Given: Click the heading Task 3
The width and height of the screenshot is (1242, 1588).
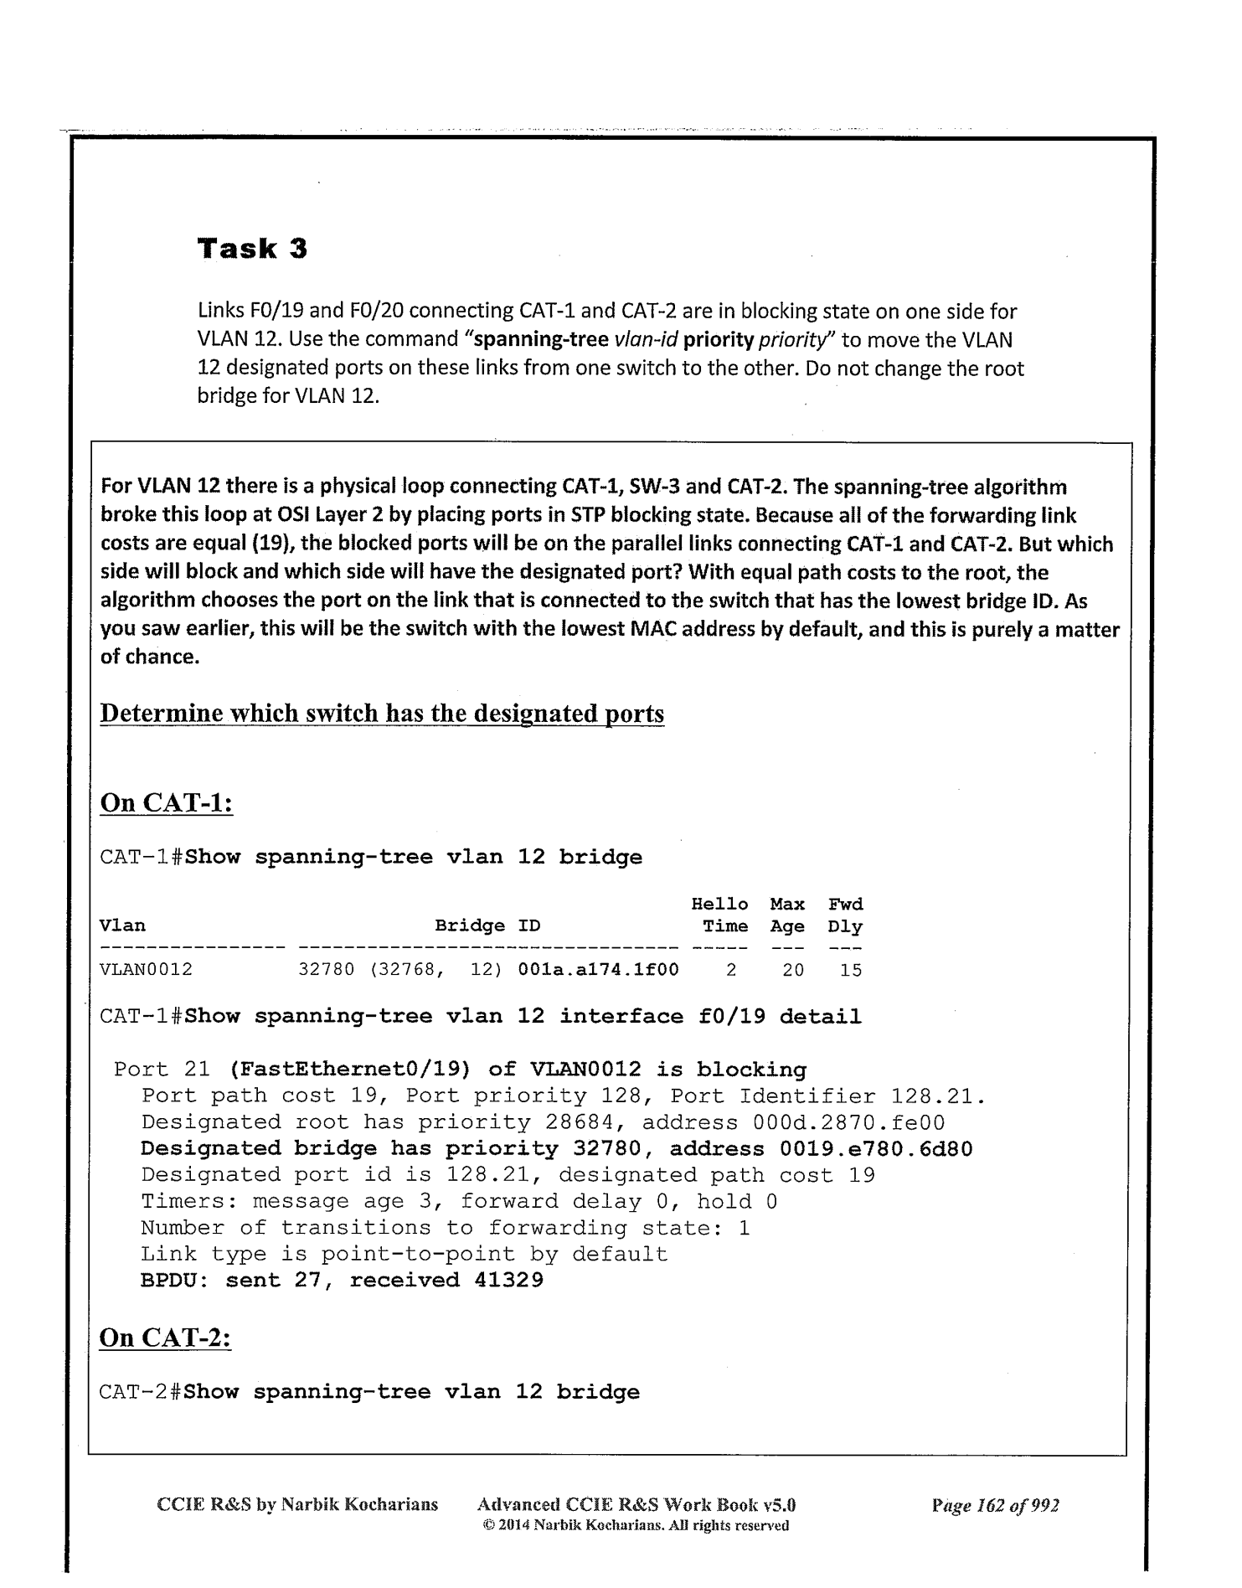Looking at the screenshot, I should click(252, 249).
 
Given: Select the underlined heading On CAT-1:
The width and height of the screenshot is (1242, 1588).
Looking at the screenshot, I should click(166, 802).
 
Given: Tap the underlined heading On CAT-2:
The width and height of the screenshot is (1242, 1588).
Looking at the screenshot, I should click(165, 1337).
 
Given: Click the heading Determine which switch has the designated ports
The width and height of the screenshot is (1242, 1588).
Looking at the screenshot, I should click(382, 714).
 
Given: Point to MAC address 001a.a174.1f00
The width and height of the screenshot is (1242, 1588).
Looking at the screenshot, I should click(598, 970).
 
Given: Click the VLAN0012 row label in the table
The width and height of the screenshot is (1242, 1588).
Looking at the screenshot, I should click(146, 970).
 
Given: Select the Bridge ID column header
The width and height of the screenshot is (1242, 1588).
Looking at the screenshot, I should click(487, 925).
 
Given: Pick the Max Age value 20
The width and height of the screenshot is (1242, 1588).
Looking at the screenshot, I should click(792, 970).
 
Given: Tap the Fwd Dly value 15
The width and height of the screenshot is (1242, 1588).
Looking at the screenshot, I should click(851, 970).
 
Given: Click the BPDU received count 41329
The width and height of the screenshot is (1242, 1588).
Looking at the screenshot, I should click(508, 1280).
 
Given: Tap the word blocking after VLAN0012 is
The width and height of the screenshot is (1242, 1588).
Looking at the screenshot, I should click(751, 1070).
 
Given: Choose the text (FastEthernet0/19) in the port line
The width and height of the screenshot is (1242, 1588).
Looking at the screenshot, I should click(350, 1070).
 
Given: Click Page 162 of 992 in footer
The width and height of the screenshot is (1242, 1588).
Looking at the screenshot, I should click(995, 1505).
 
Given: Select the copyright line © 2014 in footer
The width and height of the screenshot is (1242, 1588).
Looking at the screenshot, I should click(636, 1525).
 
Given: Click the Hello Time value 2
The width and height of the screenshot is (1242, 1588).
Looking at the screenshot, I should click(731, 970).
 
